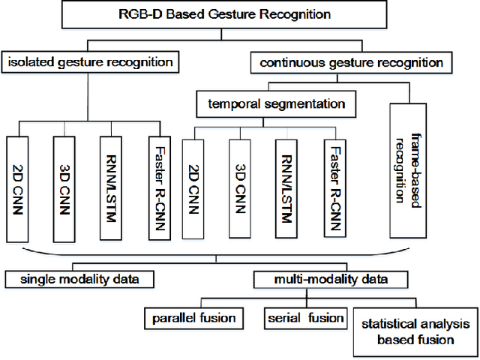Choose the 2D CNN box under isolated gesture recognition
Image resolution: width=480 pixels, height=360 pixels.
17,187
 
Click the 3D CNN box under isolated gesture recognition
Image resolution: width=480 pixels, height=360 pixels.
65,187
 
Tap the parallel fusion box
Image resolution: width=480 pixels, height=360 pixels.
193,318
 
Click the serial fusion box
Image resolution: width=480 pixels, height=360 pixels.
305,318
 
